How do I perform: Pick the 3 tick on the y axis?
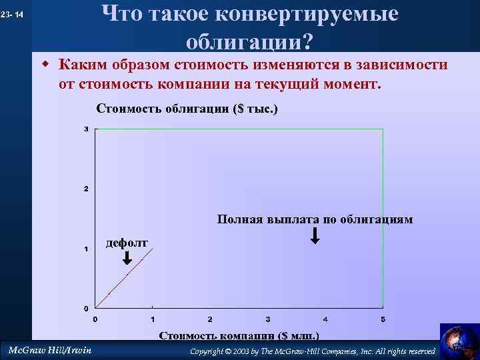86,129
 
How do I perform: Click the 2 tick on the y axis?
86,189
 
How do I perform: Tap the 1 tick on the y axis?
86,249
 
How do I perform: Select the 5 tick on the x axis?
383,319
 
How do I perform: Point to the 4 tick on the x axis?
325,319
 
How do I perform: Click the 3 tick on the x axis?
267,319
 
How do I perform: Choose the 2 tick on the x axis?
210,319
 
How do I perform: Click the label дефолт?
127,242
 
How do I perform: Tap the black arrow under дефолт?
127,257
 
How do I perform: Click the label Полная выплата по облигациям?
315,219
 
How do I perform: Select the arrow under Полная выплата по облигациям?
315,235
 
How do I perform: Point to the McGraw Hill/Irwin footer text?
49,350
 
